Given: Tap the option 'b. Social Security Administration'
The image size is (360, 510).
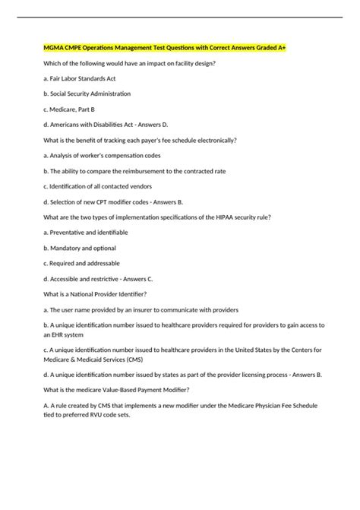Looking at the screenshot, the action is pos(87,93).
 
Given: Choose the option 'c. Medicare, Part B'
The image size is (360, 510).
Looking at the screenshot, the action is pos(70,109).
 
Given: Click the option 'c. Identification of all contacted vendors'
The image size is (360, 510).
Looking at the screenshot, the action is pos(99,187).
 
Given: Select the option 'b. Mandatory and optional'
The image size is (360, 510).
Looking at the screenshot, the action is pos(81,248).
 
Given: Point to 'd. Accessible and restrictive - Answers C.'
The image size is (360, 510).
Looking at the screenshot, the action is pos(99,279).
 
